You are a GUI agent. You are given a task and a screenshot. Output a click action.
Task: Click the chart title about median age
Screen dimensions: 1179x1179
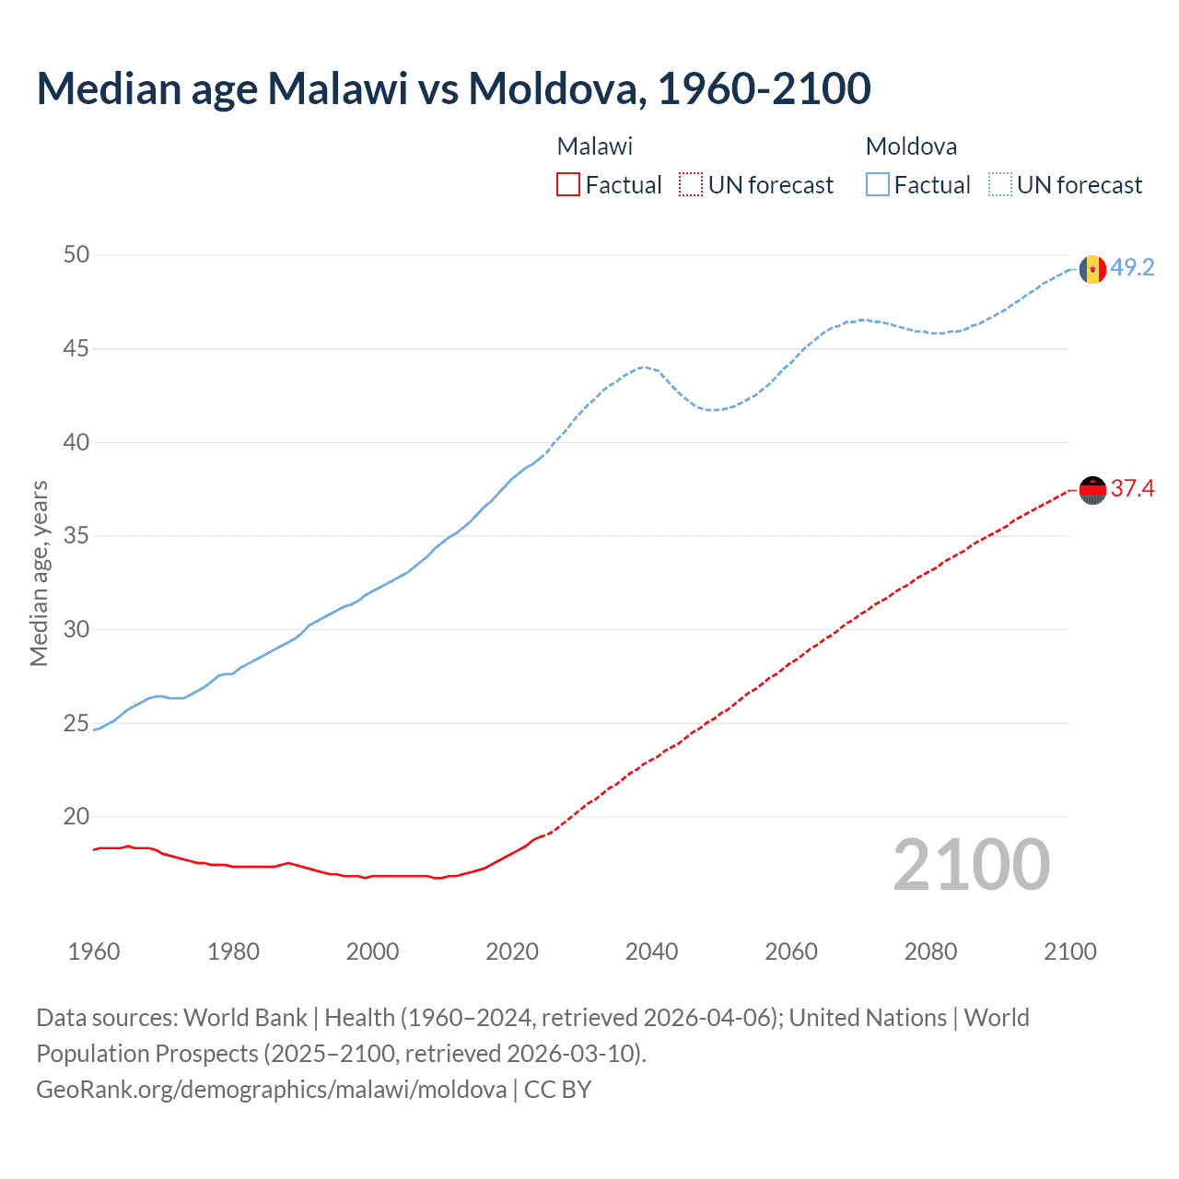[453, 88]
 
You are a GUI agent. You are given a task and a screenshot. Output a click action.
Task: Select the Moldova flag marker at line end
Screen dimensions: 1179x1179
[1092, 269]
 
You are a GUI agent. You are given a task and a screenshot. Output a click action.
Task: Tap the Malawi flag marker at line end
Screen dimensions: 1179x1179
[1092, 491]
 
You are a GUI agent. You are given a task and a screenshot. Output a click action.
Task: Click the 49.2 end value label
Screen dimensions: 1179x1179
[1132, 268]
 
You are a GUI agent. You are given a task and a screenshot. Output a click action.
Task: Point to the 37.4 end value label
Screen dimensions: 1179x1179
[1132, 489]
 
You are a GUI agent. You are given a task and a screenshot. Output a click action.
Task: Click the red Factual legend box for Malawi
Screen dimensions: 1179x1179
[568, 185]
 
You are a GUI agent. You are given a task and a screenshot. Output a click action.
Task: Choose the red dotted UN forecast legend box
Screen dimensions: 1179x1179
[691, 185]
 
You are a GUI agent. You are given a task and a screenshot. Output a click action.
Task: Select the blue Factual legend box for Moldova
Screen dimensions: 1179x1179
[877, 185]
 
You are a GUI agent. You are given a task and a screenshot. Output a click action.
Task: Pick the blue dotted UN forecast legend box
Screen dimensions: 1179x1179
[999, 185]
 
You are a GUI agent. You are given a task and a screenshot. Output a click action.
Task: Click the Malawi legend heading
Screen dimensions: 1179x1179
[595, 146]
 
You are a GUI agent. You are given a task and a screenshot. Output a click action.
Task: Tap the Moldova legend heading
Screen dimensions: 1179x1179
[911, 146]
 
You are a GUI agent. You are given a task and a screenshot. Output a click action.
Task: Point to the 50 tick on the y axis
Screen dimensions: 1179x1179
[76, 254]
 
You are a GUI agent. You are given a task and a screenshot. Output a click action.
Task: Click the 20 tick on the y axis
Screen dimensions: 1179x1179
[76, 817]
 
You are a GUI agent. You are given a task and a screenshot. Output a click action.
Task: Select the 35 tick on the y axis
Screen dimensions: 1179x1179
[76, 535]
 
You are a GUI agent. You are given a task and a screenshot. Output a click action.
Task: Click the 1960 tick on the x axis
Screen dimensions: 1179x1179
[94, 951]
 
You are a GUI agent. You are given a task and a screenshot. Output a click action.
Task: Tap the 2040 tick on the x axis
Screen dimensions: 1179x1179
[651, 951]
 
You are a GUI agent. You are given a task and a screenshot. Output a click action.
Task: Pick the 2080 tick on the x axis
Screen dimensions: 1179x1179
[930, 951]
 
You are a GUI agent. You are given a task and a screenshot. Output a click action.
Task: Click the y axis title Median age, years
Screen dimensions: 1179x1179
[39, 573]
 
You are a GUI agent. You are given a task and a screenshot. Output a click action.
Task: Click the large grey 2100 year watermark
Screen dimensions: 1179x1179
[971, 865]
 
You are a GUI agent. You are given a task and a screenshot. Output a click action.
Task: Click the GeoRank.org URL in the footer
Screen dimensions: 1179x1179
[271, 1090]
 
